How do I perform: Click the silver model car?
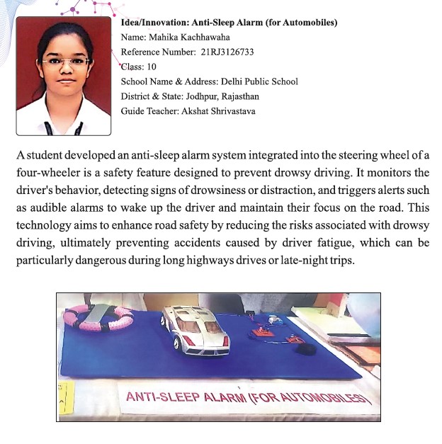pos(194,331)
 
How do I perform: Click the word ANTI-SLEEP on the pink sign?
pos(159,396)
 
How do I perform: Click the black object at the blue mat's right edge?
pos(301,348)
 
